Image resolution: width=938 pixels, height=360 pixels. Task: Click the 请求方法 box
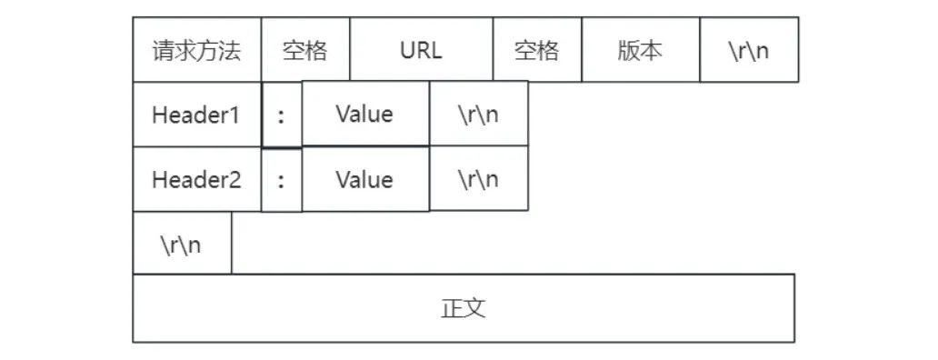point(196,50)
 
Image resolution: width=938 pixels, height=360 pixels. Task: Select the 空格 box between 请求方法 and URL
point(305,50)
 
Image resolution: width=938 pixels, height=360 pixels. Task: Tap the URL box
point(421,50)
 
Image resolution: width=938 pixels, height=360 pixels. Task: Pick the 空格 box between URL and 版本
point(537,50)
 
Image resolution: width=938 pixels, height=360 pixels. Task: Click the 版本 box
point(640,50)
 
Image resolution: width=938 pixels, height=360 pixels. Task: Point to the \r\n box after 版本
point(748,50)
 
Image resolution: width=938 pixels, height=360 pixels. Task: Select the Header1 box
point(196,115)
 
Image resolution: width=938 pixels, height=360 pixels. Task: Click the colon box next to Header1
point(282,115)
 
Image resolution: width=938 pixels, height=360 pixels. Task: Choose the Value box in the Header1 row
point(364,115)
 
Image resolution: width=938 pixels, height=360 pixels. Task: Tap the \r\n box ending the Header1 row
point(478,115)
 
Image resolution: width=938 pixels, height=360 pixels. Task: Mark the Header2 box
point(196,180)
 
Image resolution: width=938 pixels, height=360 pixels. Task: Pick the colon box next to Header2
point(282,180)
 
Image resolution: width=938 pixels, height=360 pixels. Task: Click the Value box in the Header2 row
point(364,180)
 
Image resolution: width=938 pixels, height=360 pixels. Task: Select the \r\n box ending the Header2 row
point(478,180)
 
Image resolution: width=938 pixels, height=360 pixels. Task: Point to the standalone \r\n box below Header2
point(182,244)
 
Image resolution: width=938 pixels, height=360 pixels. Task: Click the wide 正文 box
point(464,308)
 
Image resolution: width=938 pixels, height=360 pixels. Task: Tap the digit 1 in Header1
point(235,115)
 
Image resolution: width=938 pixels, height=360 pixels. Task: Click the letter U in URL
point(406,50)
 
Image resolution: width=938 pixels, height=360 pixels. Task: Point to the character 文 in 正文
point(475,308)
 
